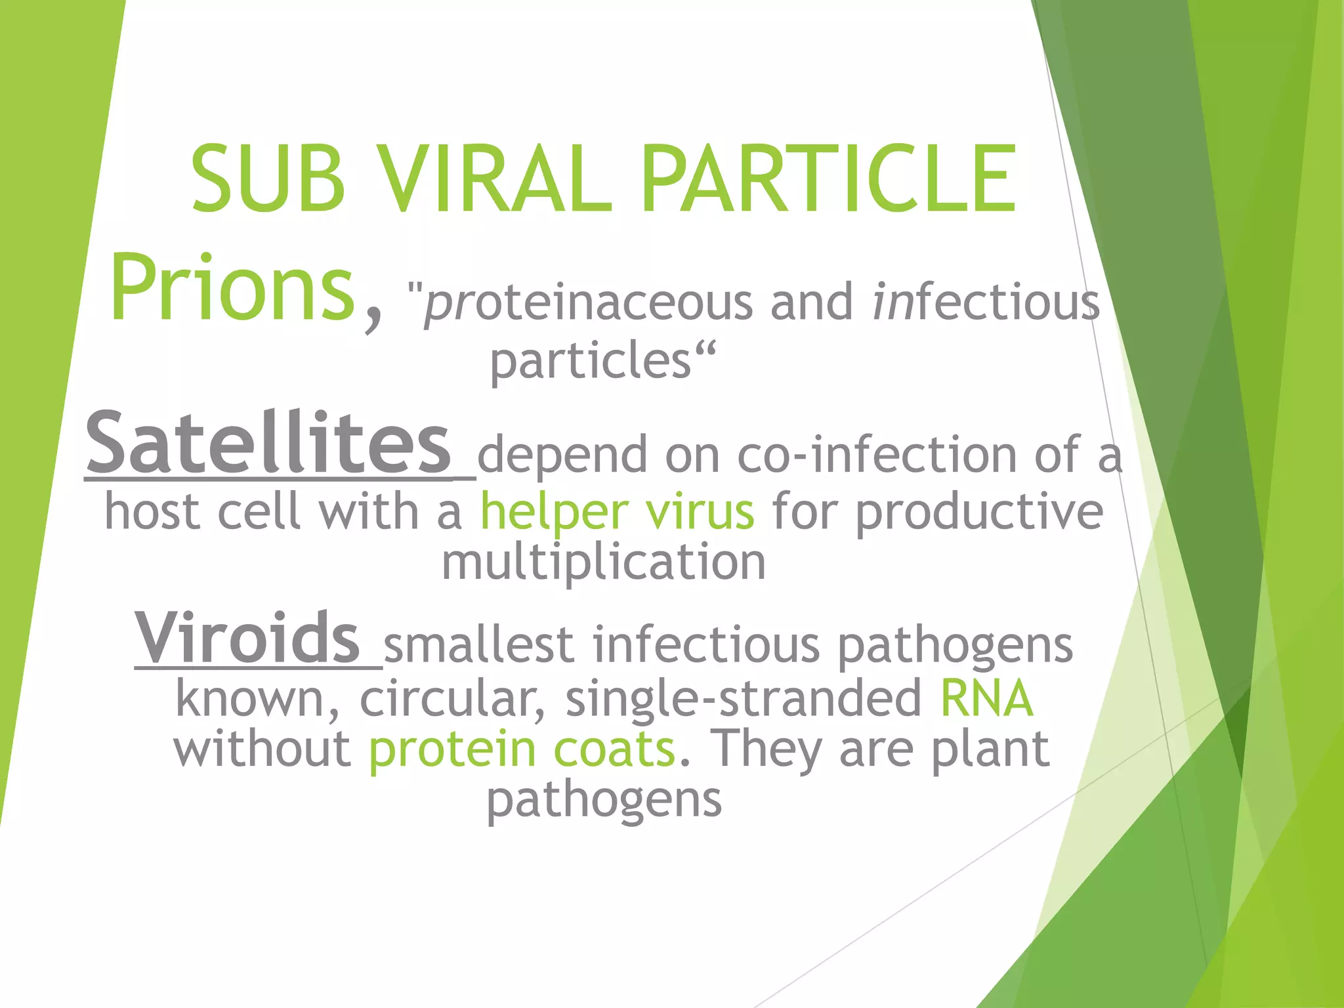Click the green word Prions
pos(232,289)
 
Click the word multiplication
pos(603,563)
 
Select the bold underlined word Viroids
pos(247,638)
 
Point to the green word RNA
pos(987,698)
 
